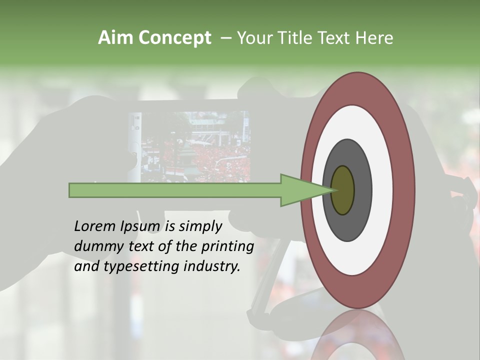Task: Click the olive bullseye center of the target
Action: (343, 190)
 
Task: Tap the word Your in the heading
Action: (253, 38)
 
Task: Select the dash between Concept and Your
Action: (225, 38)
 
